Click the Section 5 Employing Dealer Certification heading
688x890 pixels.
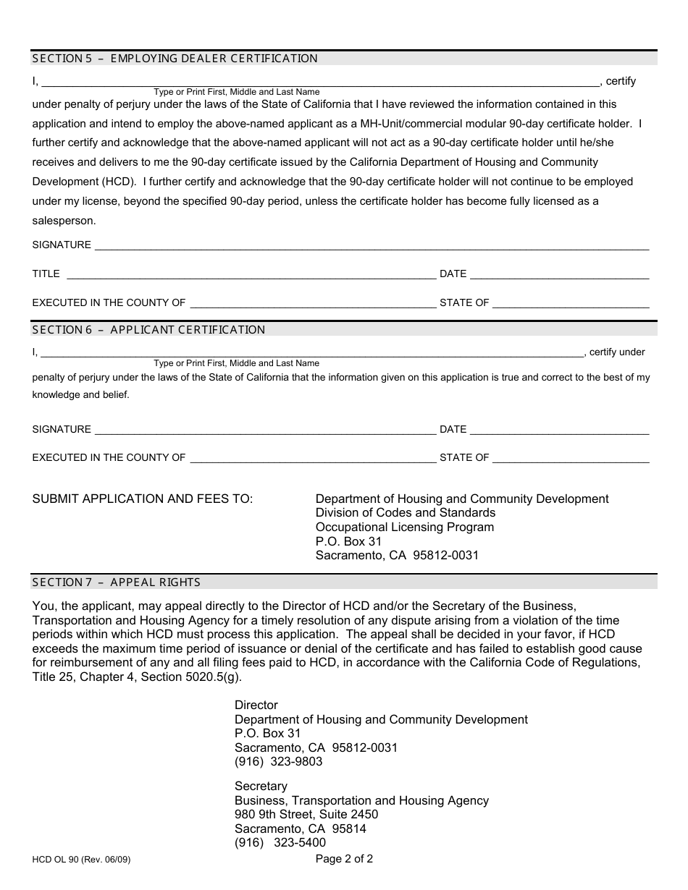pyautogui.click(x=175, y=59)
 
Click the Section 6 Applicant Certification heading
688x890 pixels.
pyautogui.click(x=148, y=330)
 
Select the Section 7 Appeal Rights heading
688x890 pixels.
pyautogui.click(x=116, y=582)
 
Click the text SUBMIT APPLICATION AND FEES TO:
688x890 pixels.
pyautogui.click(x=143, y=499)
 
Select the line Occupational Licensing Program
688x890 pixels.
pyautogui.click(x=404, y=527)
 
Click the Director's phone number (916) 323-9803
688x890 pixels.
pyautogui.click(x=278, y=762)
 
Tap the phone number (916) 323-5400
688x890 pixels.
pyautogui.click(x=280, y=843)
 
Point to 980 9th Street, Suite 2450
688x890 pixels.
pyautogui.click(x=306, y=815)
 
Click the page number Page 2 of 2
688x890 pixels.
pyautogui.click(x=344, y=860)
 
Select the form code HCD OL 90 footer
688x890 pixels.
pyautogui.click(x=81, y=861)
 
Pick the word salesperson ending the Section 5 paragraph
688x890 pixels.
pyautogui.click(x=64, y=221)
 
